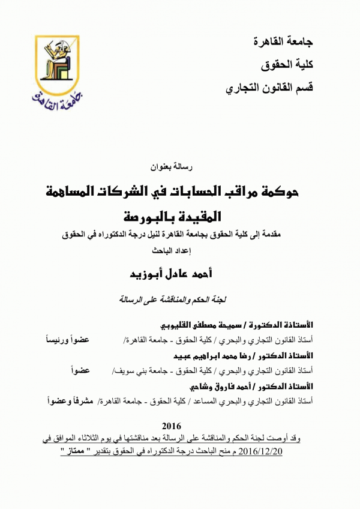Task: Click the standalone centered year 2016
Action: click(x=181, y=426)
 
